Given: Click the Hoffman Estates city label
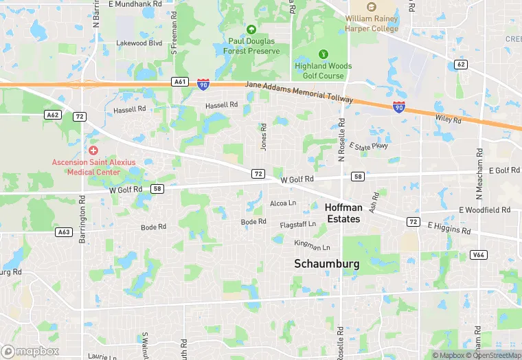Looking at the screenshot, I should [343, 213].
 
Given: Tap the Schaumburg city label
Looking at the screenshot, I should [327, 263].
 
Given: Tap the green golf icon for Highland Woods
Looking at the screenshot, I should [324, 54].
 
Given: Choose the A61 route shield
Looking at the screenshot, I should [180, 82].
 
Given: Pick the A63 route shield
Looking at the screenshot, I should [64, 232].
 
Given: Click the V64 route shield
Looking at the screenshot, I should [479, 255].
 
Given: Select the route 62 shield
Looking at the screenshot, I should [460, 65].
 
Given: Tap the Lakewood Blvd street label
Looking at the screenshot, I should [139, 43].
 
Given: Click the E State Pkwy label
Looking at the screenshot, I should [369, 146].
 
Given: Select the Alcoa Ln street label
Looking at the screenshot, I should [283, 203].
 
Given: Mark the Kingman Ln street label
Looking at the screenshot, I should [312, 245].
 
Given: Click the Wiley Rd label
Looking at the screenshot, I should [448, 119].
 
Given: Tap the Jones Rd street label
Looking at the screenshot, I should [263, 137].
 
